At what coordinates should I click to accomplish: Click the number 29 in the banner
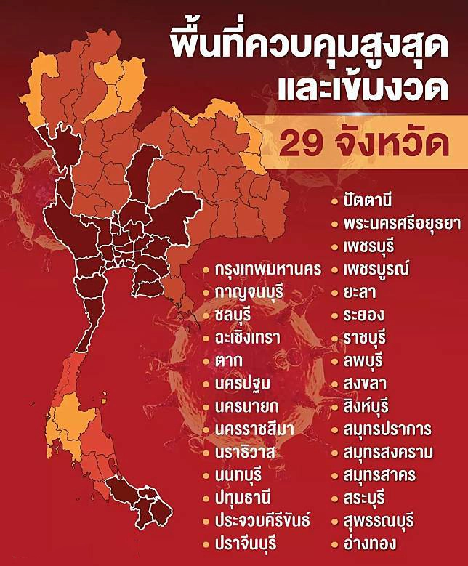[x=304, y=144]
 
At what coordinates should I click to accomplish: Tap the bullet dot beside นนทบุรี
[x=206, y=475]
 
